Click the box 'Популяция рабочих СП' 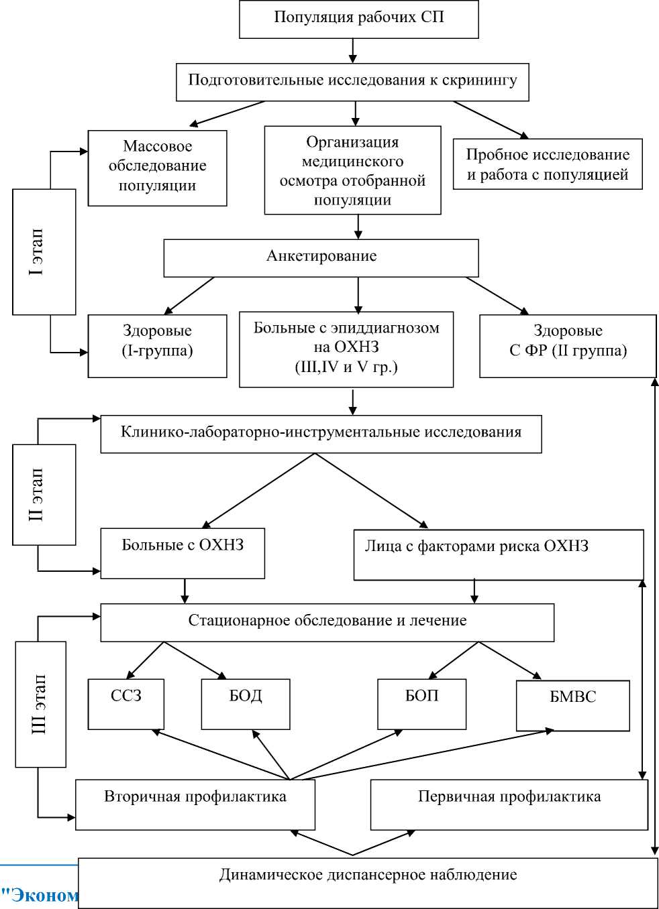coord(358,18)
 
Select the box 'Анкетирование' coord(321,257)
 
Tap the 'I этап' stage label coord(44,251)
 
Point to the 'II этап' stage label coord(44,494)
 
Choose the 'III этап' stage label coord(40,704)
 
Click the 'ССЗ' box coord(126,703)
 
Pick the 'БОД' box coord(246,703)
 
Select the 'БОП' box coord(421,703)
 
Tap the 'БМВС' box coord(572,705)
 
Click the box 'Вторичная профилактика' coord(195,804)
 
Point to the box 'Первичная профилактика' coord(509,804)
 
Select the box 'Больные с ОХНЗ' coord(183,553)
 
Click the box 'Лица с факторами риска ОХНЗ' coord(498,554)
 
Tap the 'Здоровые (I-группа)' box coord(157,345)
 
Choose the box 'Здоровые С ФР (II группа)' coord(568,345)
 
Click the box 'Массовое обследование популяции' coord(157,167)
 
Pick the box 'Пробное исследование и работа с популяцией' coord(548,164)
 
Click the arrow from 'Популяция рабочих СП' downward coord(353,50)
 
